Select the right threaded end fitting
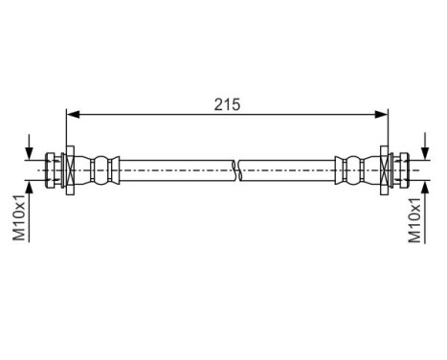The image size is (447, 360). click(x=402, y=169)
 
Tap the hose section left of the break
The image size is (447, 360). click(x=172, y=169)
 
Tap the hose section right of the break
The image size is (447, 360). click(x=287, y=169)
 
